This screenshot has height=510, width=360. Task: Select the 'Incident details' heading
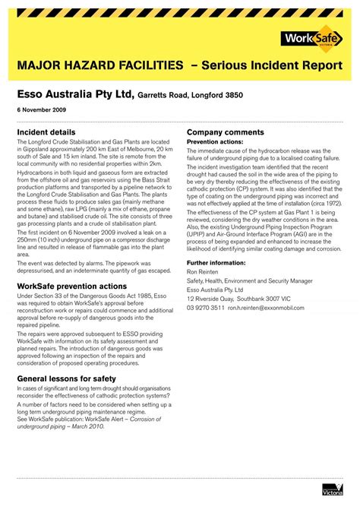click(x=46, y=132)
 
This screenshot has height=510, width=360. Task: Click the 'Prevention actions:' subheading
click(x=215, y=141)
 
